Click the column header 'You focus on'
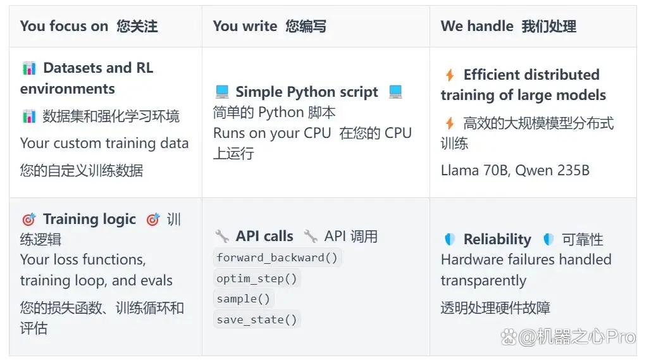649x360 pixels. [x=64, y=26]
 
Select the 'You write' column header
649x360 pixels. [x=245, y=26]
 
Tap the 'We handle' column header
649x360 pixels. [x=477, y=26]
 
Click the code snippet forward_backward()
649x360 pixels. [x=277, y=258]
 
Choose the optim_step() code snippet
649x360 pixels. [x=257, y=278]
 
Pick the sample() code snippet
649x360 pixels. [x=244, y=299]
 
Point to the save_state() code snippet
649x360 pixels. [x=257, y=320]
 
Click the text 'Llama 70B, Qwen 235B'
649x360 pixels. [x=515, y=170]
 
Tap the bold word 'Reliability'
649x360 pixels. [x=497, y=239]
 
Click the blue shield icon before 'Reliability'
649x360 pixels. [x=450, y=239]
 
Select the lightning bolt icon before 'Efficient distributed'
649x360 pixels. [x=450, y=75]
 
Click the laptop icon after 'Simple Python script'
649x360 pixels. [x=395, y=92]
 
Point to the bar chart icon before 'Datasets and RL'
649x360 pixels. [x=29, y=68]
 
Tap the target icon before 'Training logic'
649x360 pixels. [x=28, y=220]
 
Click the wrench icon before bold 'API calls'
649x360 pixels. [x=222, y=236]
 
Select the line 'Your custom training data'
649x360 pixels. [x=104, y=143]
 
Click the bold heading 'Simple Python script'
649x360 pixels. [x=307, y=92]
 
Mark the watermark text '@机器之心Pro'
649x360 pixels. [x=576, y=337]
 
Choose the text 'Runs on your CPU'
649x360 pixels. [x=272, y=133]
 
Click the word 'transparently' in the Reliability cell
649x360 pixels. [x=483, y=280]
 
